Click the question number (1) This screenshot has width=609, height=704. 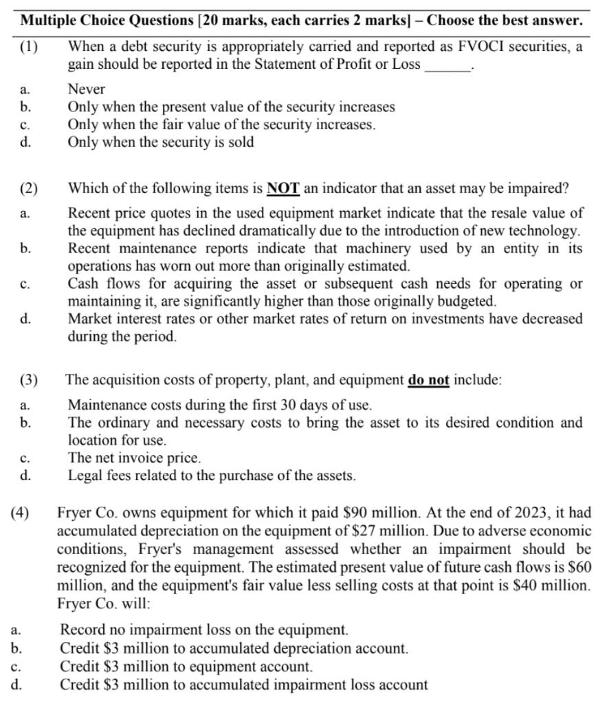pyautogui.click(x=30, y=47)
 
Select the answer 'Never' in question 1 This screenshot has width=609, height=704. pyautogui.click(x=86, y=89)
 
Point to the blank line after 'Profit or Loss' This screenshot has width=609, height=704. pyautogui.click(x=448, y=65)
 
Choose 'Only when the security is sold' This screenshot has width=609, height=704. pyautogui.click(x=160, y=143)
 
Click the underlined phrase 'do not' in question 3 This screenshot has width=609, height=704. pyautogui.click(x=428, y=380)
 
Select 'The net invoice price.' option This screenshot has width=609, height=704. pyautogui.click(x=134, y=458)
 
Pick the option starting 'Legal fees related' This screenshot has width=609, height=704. pyautogui.click(x=211, y=476)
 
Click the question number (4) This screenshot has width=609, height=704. pyautogui.click(x=21, y=513)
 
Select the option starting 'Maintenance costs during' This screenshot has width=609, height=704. pyautogui.click(x=219, y=405)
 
